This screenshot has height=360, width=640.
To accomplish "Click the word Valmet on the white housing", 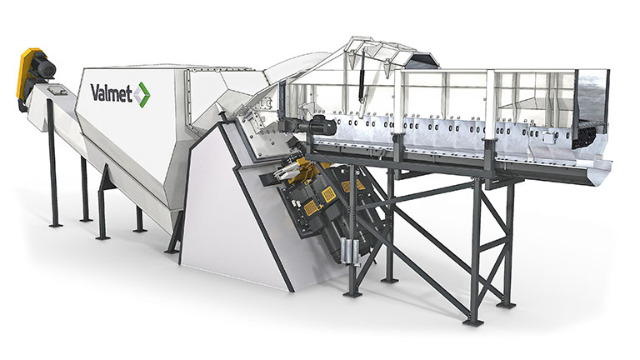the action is [112, 93].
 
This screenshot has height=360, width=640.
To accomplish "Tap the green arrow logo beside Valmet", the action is [142, 95].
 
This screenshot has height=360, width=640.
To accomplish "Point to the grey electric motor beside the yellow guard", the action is [42, 69].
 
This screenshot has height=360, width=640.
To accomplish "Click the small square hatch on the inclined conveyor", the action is [54, 89].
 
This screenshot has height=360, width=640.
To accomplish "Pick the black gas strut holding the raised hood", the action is [361, 87].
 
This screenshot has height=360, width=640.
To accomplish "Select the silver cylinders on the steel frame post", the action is [352, 250].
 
